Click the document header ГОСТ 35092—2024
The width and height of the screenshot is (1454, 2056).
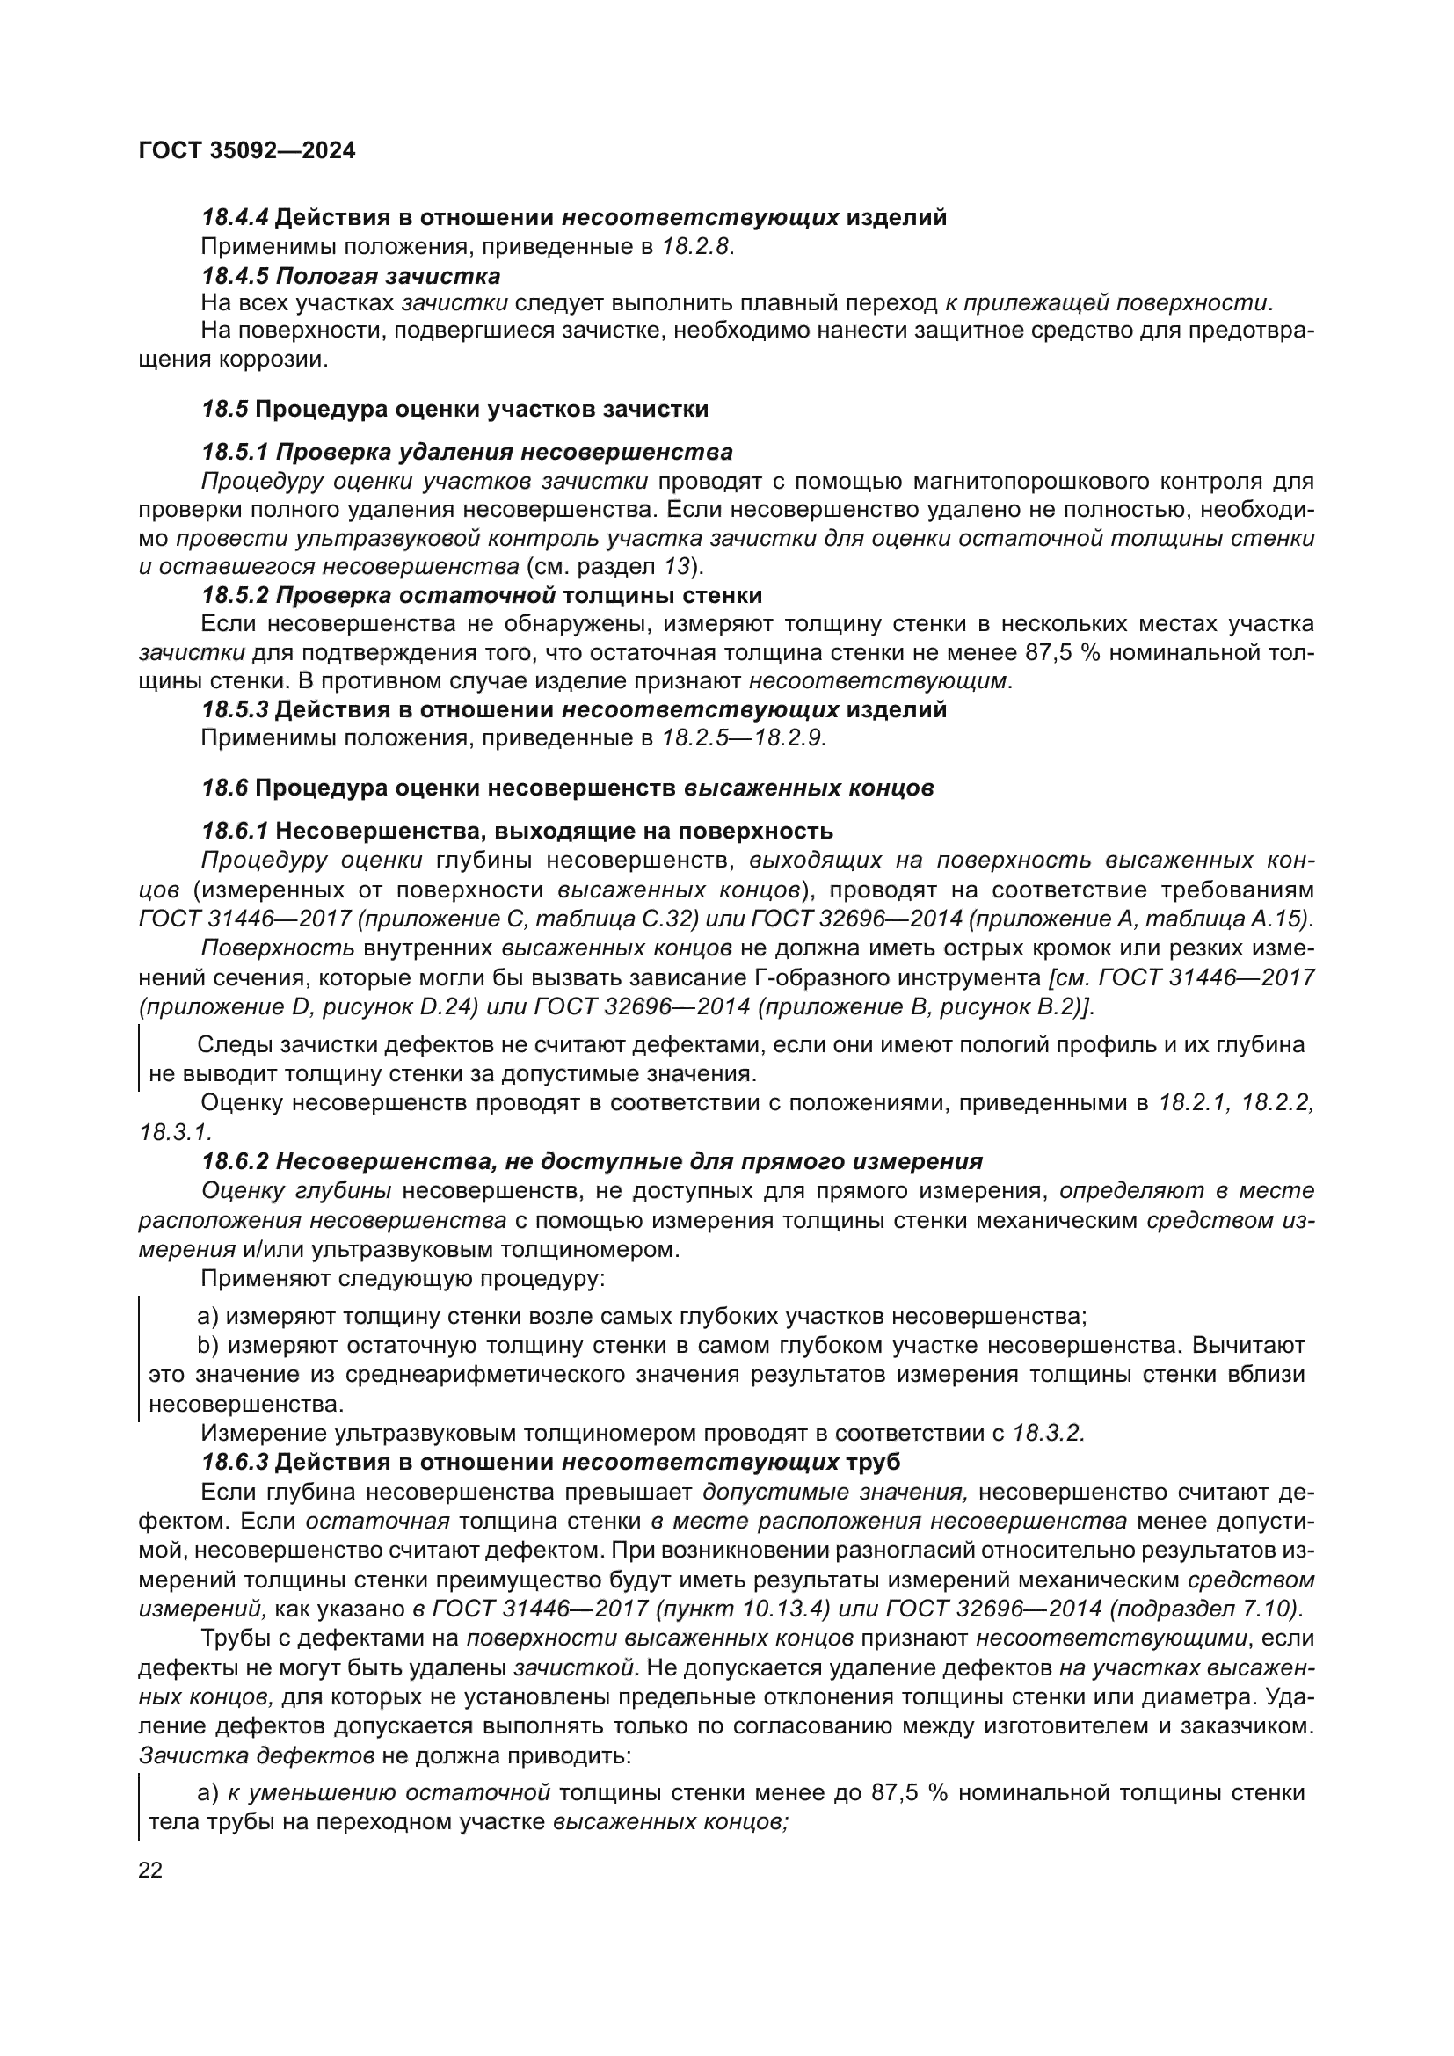tap(247, 150)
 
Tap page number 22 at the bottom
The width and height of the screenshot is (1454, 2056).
tap(150, 1871)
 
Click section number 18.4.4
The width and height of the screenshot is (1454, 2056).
tap(235, 218)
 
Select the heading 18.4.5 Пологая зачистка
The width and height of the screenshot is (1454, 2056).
tap(351, 276)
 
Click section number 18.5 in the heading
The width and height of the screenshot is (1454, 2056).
tap(224, 410)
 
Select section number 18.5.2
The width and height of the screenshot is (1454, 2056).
tap(235, 595)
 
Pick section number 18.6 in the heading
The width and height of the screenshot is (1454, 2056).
tap(224, 788)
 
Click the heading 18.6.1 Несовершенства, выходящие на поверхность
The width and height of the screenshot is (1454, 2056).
tap(518, 831)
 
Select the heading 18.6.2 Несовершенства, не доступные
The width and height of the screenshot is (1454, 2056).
tap(592, 1162)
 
